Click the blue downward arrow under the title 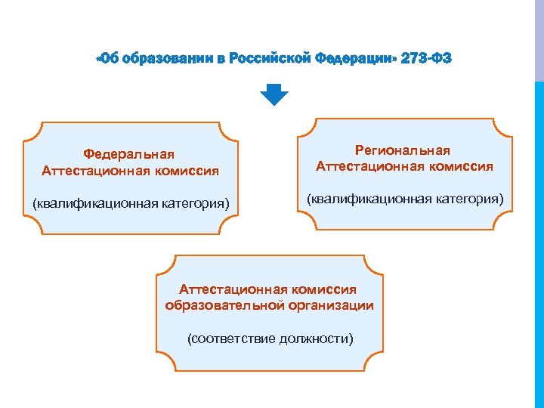(274, 94)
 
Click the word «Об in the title (108, 59)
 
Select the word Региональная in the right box (404, 151)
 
